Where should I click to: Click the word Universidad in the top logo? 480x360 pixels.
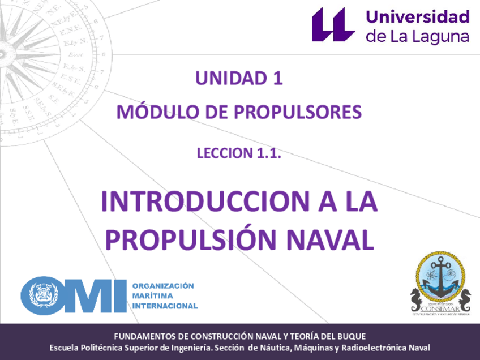418,16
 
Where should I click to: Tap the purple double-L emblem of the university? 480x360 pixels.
333,24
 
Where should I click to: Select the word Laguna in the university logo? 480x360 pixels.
443,37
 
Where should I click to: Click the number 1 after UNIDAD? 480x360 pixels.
277,79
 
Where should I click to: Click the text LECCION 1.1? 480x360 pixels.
239,153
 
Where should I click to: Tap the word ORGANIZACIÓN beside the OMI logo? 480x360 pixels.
162,286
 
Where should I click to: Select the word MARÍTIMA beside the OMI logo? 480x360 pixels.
153,295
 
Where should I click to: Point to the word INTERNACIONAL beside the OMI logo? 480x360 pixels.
165,306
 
